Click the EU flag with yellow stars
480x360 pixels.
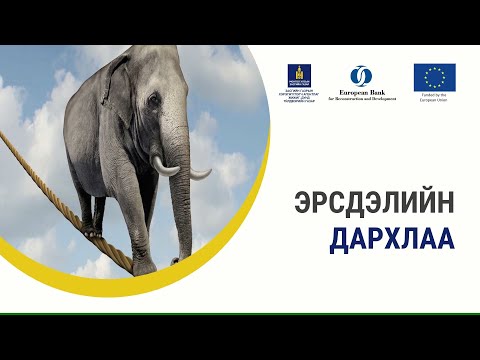click(x=434, y=77)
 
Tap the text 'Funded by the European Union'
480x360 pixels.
click(x=434, y=98)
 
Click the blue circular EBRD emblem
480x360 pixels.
click(x=361, y=76)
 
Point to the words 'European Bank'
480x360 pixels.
click(x=361, y=93)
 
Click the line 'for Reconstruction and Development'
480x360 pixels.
click(x=361, y=100)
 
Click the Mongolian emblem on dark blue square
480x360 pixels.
click(x=297, y=74)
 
